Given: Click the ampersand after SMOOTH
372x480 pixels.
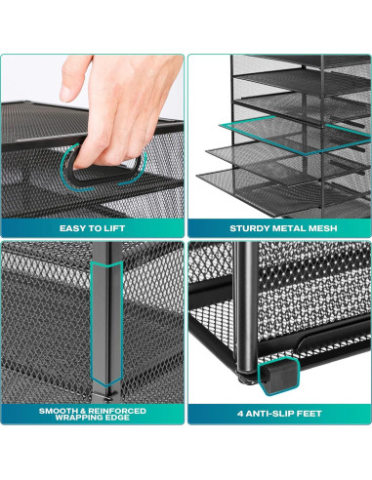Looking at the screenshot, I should (x=87, y=411).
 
